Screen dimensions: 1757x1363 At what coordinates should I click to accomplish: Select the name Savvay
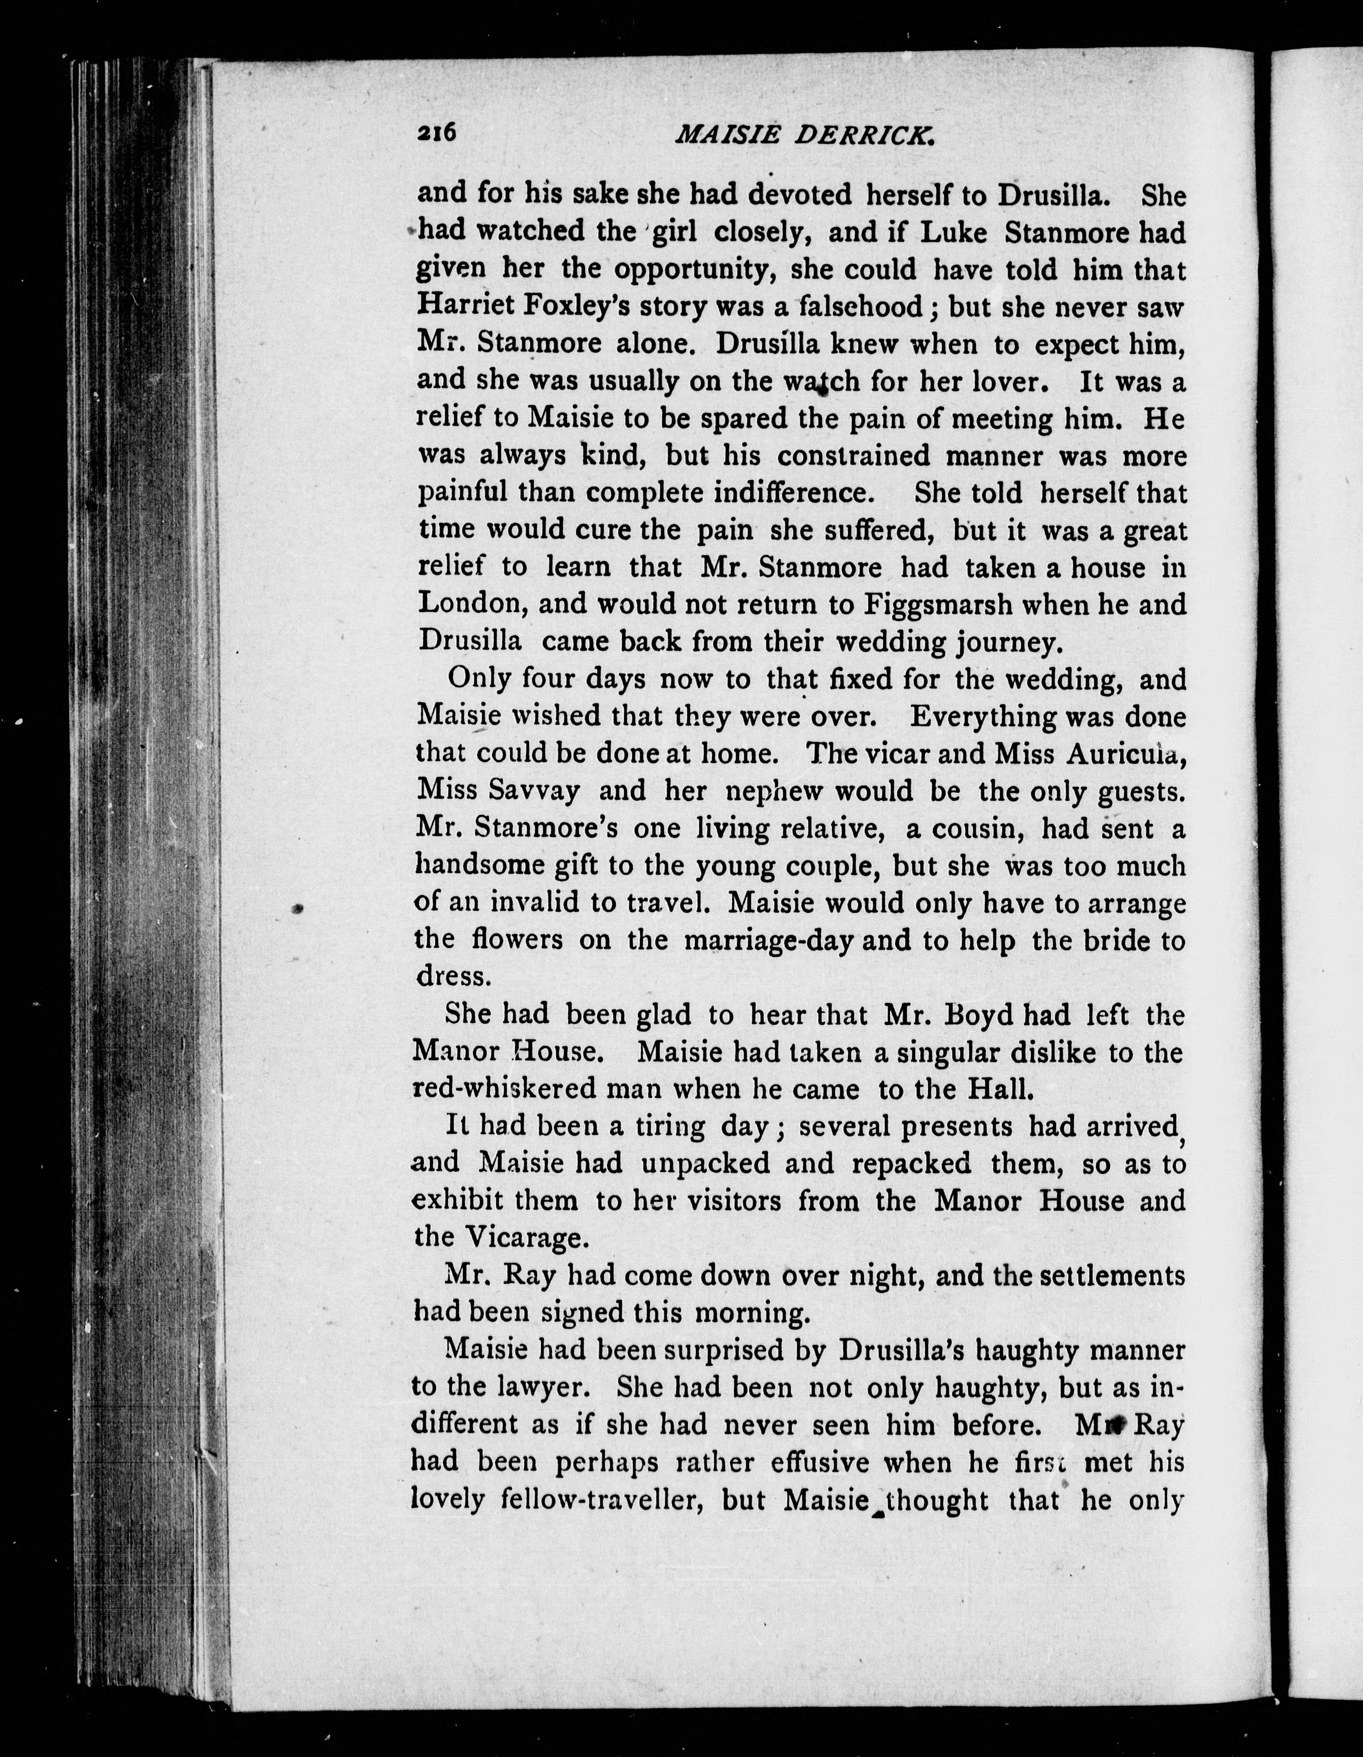[534, 791]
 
